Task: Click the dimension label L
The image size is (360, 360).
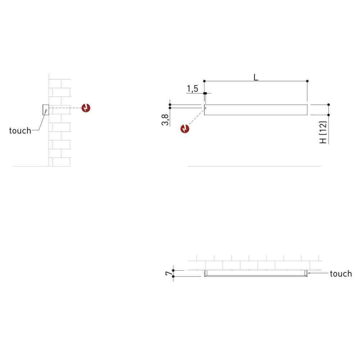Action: (x=256, y=77)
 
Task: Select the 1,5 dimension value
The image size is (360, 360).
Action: (x=192, y=89)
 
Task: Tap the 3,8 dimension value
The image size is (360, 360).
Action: (x=165, y=120)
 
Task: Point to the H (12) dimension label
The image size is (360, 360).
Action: (x=323, y=132)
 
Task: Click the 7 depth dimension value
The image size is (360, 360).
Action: (x=169, y=273)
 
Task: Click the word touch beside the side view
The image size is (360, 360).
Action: (x=20, y=131)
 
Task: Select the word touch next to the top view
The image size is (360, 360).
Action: (x=341, y=274)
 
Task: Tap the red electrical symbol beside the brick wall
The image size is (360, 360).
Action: (x=86, y=108)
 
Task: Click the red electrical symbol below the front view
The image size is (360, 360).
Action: (x=185, y=129)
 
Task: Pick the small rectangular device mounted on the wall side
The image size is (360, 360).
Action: (x=46, y=110)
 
